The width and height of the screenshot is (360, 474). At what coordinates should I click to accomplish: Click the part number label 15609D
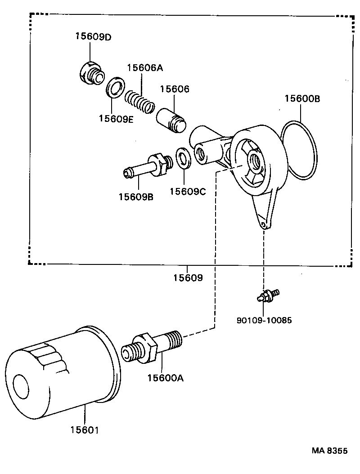pos(93,37)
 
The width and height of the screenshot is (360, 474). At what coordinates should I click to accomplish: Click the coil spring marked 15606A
pos(139,102)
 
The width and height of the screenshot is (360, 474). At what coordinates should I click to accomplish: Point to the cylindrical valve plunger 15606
pos(171,120)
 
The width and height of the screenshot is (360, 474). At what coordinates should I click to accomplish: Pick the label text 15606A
pos(144,68)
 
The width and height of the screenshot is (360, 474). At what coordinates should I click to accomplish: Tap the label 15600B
pos(302,98)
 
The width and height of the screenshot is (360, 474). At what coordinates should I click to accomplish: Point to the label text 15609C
pos(187,192)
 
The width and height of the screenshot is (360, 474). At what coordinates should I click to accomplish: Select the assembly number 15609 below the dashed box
pos(188,278)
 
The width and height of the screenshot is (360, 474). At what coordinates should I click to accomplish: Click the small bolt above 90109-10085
pos(267,295)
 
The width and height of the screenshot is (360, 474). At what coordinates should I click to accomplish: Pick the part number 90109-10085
pos(264,321)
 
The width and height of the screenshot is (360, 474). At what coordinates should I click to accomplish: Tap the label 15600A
pos(165,378)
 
